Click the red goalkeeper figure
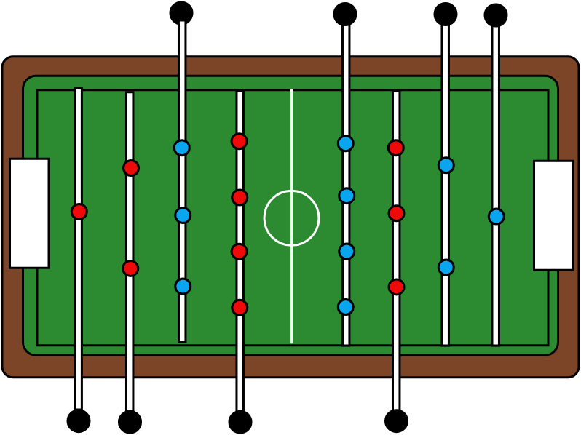point(79,212)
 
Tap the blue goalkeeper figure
point(497,216)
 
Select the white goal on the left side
point(29,213)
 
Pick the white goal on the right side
point(553,215)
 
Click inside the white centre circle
point(291,218)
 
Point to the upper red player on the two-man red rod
point(131,168)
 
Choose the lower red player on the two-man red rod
point(130,268)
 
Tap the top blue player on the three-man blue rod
point(182,148)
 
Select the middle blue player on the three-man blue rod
point(183,215)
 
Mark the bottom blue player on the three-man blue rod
point(183,286)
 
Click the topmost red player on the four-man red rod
point(240,141)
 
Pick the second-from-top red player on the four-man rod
point(240,197)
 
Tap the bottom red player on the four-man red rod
point(240,308)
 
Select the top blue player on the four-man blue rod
point(346,143)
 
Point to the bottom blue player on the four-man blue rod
point(346,307)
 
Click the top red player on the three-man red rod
point(396,148)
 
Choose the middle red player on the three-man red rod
point(396,213)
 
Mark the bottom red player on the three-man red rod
point(396,287)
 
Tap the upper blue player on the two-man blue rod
point(446,165)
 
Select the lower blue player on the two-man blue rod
point(446,267)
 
